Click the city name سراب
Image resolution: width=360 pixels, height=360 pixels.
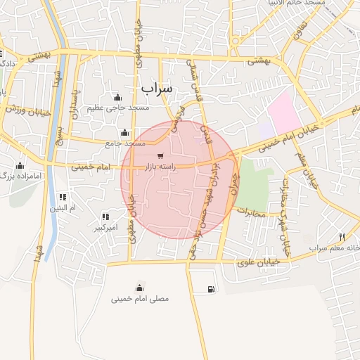(x=156, y=89)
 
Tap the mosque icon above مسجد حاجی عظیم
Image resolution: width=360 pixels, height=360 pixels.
(x=117, y=98)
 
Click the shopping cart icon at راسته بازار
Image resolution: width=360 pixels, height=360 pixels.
(x=161, y=155)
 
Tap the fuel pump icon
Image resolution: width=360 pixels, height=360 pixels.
(x=212, y=289)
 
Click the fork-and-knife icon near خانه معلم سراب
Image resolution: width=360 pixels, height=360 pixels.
(x=342, y=237)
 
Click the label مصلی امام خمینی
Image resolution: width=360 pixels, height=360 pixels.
(x=140, y=298)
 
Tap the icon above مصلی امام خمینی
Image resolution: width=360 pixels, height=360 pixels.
(x=140, y=287)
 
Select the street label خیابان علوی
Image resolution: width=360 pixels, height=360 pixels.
(x=261, y=261)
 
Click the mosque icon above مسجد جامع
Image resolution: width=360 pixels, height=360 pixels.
(x=125, y=132)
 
